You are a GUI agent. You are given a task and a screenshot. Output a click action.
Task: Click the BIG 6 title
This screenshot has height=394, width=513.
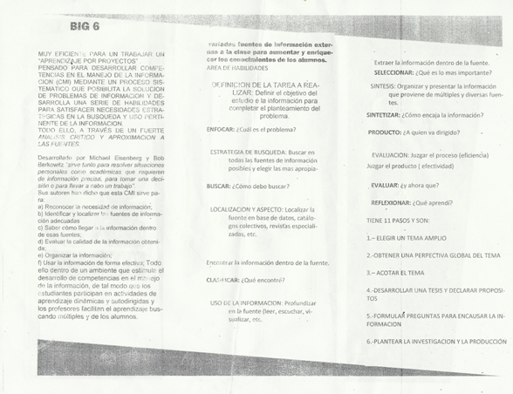(x=85, y=28)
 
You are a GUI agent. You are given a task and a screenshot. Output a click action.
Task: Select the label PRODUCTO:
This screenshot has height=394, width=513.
(x=389, y=133)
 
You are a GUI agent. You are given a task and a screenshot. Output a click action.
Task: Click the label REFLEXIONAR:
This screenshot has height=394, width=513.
(x=397, y=203)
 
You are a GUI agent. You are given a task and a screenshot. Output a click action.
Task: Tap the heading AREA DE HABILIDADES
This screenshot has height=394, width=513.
(x=237, y=68)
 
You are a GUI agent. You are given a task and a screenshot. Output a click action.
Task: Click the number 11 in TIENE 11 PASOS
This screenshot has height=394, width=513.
(x=391, y=221)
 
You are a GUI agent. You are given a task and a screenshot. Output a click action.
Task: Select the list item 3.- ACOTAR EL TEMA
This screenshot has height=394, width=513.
(x=395, y=273)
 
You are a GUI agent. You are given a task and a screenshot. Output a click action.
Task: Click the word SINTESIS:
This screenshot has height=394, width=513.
(x=386, y=87)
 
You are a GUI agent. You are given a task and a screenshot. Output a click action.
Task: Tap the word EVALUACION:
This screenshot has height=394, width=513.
(x=394, y=155)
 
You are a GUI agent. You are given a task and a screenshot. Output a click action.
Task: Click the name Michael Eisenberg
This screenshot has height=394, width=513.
(x=109, y=160)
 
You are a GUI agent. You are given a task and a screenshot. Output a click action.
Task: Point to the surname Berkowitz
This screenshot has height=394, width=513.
(x=58, y=165)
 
